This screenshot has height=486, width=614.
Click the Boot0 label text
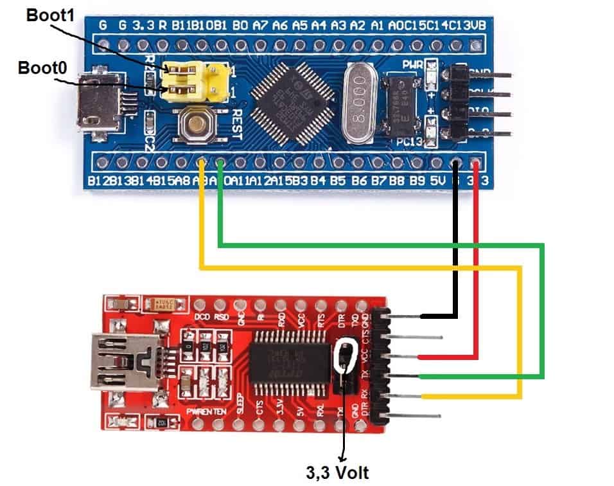tap(43, 66)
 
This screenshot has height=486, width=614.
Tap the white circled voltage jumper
tap(345, 357)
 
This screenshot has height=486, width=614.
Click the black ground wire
tap(456, 244)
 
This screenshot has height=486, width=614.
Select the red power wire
tap(476, 257)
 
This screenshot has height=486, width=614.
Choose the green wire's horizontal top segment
tap(385, 245)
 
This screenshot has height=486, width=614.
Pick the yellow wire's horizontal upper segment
tap(360, 267)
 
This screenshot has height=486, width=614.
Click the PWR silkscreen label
tap(412, 65)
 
